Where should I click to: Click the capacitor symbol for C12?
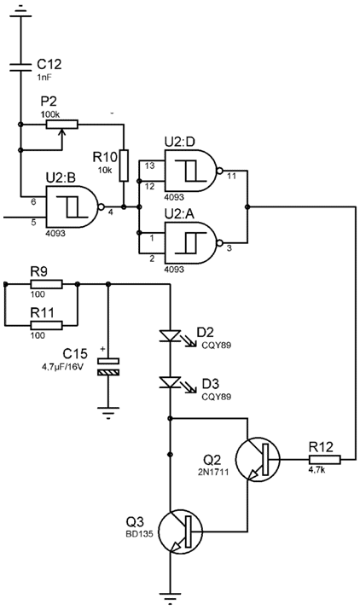click(x=20, y=67)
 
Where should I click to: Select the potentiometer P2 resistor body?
click(x=62, y=125)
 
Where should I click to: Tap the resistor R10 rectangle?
click(x=124, y=166)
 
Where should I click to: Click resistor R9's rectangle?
click(x=46, y=284)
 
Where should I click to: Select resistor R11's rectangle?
click(x=46, y=325)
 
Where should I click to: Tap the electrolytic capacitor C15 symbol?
click(x=108, y=367)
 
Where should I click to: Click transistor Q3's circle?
click(x=181, y=532)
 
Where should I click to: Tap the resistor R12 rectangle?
click(x=324, y=460)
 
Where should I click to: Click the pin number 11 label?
click(x=231, y=176)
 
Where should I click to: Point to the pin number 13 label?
click(x=149, y=166)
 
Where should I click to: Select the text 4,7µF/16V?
click(x=62, y=367)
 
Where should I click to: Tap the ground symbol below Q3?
click(x=170, y=598)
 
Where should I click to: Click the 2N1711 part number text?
click(x=213, y=472)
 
